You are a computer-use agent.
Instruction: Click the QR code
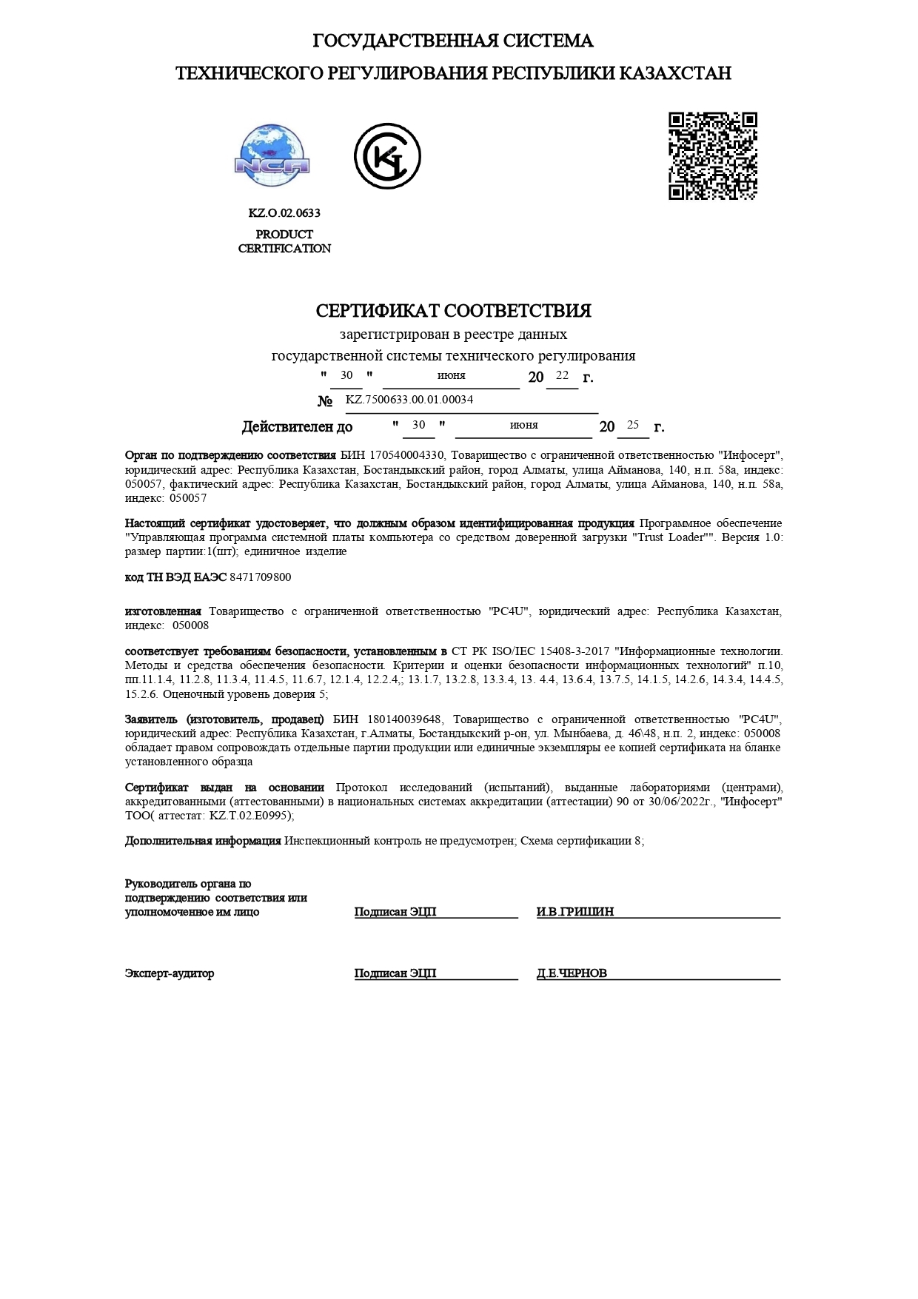tap(712, 155)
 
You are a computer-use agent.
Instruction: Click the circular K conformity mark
tap(386, 156)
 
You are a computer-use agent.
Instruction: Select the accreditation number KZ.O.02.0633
tap(284, 213)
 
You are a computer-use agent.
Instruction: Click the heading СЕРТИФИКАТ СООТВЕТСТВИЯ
tap(453, 311)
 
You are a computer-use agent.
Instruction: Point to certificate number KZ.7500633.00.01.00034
tap(409, 400)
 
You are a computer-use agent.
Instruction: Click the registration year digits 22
tap(562, 375)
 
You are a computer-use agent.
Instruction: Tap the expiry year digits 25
tap(632, 425)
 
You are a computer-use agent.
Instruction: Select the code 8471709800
tap(261, 577)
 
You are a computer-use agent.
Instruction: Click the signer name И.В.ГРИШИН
tap(575, 912)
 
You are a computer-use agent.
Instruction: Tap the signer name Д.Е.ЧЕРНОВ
tap(572, 973)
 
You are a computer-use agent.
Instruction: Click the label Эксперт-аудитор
tap(170, 973)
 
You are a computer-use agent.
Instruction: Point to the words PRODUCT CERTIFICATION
tap(284, 241)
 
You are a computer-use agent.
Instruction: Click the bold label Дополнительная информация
tap(203, 841)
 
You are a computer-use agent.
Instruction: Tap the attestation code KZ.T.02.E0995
tap(250, 816)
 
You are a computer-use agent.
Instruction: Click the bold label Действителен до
tap(297, 427)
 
